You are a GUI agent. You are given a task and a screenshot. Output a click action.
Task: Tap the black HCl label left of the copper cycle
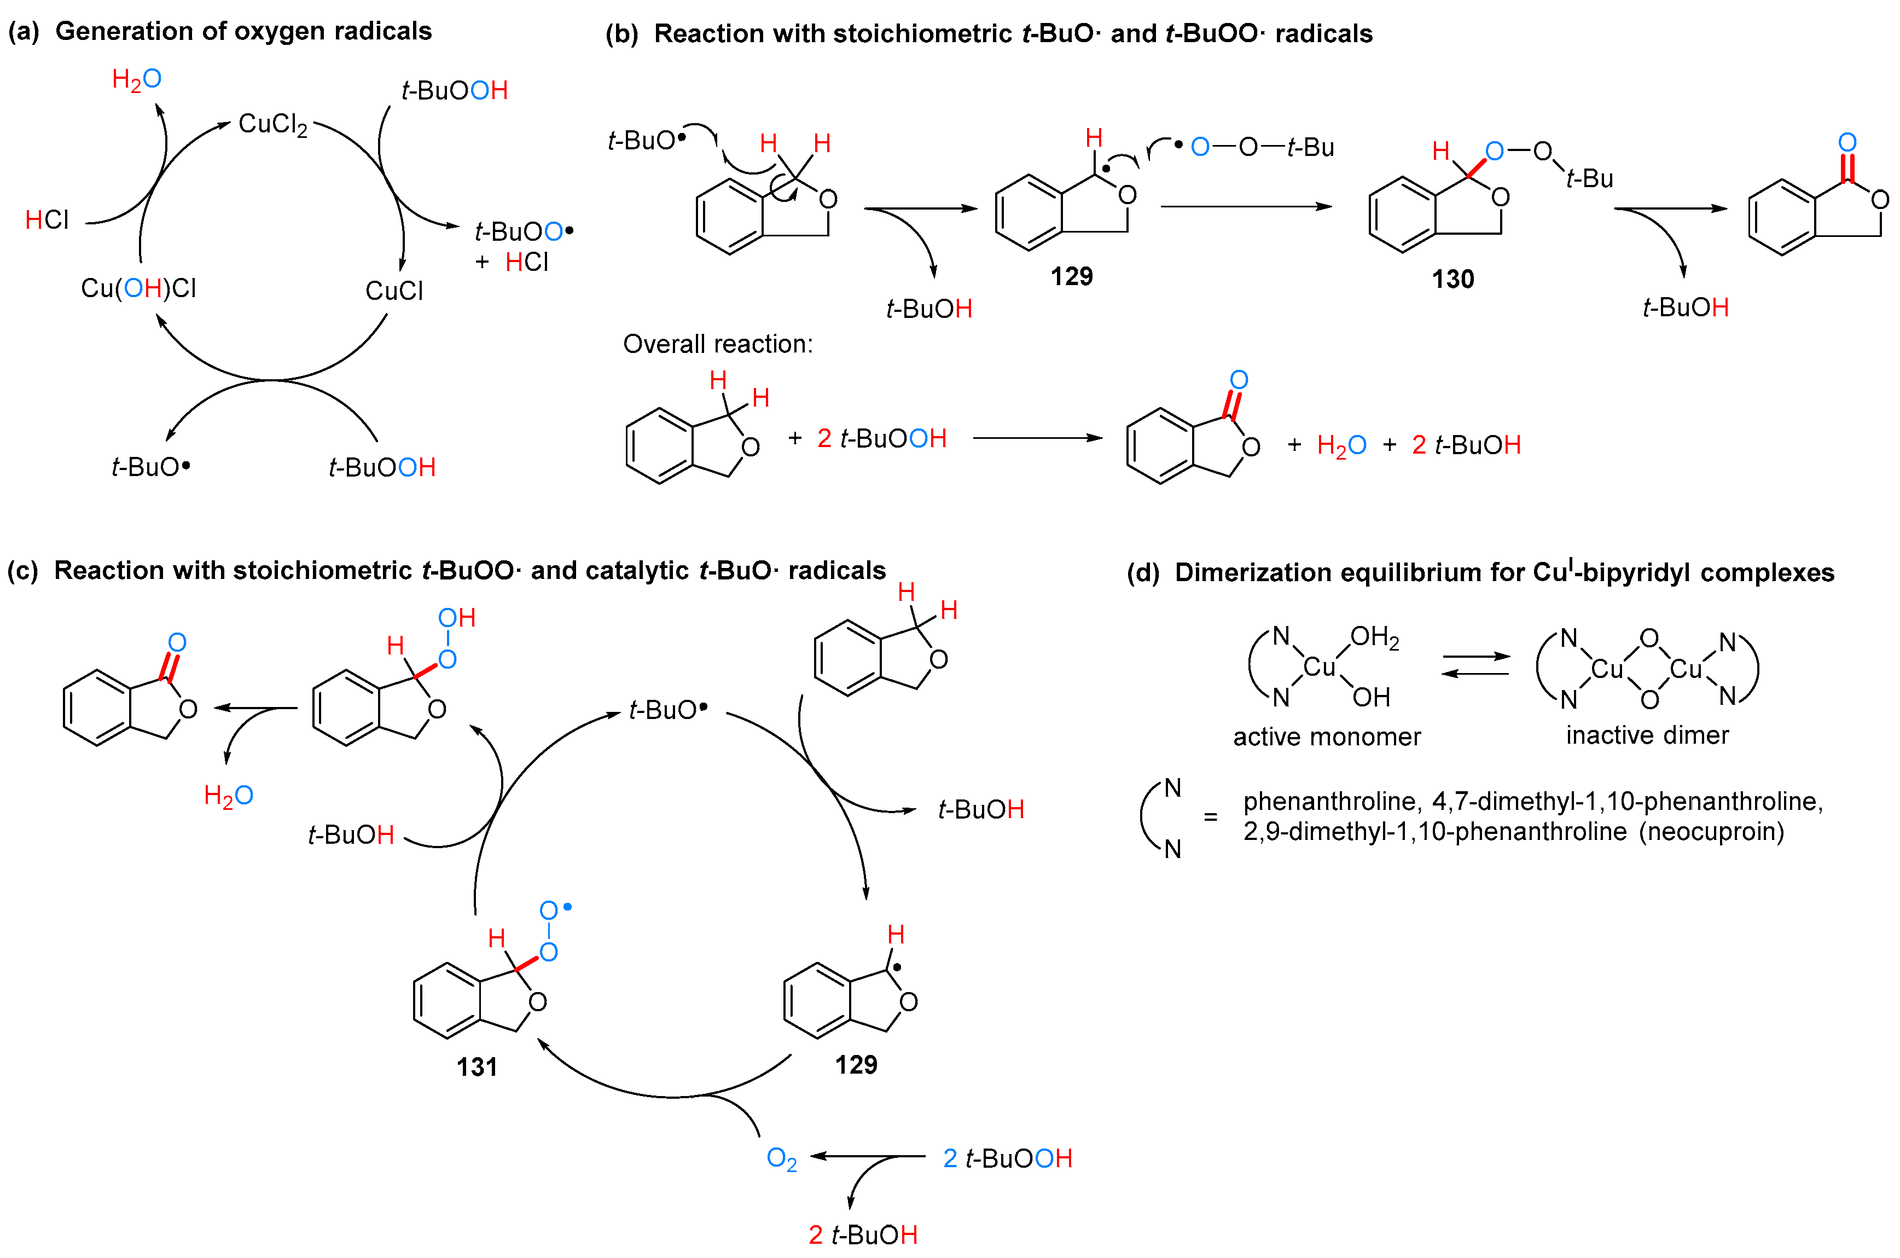pyautogui.click(x=47, y=220)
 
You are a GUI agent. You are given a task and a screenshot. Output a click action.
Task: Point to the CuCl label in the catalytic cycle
pyautogui.click(x=394, y=291)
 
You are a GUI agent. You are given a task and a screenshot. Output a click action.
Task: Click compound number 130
pyautogui.click(x=1452, y=279)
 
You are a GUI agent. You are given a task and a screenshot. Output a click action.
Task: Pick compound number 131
pyautogui.click(x=477, y=1067)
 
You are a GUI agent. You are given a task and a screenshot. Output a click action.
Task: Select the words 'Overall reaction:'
pyautogui.click(x=718, y=344)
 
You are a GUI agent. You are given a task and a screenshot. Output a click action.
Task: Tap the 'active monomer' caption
pyautogui.click(x=1327, y=737)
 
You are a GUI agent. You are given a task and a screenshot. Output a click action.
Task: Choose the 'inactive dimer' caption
pyautogui.click(x=1647, y=735)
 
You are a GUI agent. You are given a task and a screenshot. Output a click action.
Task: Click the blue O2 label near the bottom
pyautogui.click(x=781, y=1158)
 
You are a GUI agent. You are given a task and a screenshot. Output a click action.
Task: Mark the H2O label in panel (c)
pyautogui.click(x=229, y=796)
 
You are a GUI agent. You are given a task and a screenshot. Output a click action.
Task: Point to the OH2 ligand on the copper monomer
pyautogui.click(x=1375, y=638)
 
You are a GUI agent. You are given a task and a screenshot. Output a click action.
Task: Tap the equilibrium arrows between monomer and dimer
pyautogui.click(x=1475, y=665)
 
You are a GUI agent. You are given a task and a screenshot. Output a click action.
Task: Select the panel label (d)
pyautogui.click(x=1143, y=573)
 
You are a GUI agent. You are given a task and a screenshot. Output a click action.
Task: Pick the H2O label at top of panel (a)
pyautogui.click(x=136, y=79)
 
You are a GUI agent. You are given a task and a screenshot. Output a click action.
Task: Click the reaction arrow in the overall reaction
pyautogui.click(x=1037, y=438)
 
